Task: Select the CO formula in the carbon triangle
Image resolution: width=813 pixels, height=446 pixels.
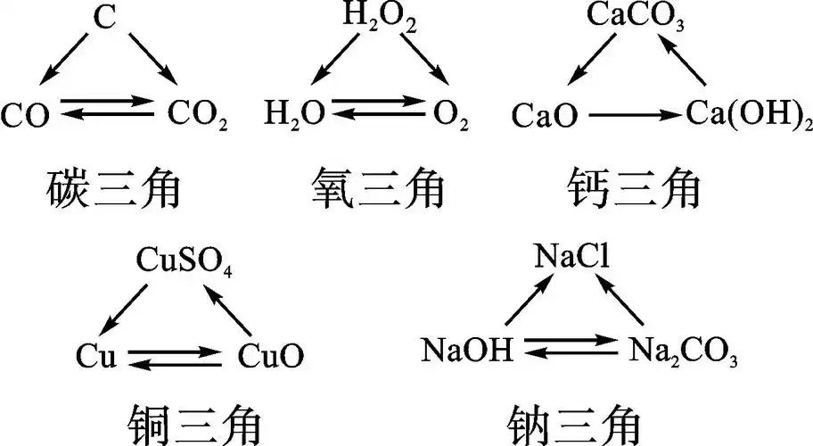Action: coord(26,115)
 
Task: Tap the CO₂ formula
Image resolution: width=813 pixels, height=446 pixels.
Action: coord(197,115)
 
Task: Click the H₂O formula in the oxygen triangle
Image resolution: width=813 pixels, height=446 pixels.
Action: coord(292,115)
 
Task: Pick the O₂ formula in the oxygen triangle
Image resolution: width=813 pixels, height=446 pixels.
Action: coord(451,115)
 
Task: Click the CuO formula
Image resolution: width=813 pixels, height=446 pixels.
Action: coord(270,357)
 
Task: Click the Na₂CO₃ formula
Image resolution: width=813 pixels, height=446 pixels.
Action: coord(682,351)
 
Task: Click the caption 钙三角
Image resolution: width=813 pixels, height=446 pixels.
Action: coord(634,191)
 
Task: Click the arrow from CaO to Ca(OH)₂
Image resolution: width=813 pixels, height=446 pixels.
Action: coord(636,115)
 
